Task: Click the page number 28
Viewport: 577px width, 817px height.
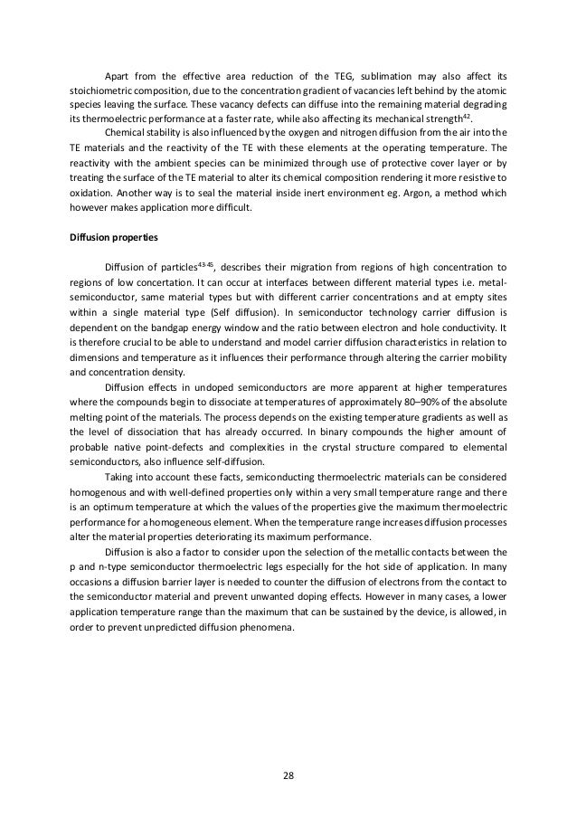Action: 288,775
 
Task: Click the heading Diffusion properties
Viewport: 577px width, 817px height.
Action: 112,239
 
